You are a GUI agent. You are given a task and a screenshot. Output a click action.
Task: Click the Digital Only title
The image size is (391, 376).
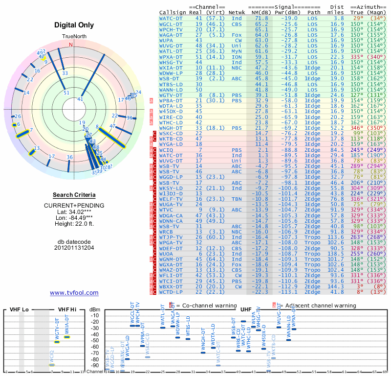[74, 25]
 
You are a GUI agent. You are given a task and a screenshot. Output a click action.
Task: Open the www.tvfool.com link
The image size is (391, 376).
[74, 293]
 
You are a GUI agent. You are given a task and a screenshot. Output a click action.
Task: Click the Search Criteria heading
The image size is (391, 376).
[74, 195]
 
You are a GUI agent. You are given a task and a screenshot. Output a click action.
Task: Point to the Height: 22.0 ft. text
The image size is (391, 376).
[74, 224]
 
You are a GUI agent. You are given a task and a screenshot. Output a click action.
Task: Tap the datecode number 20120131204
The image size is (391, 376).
[74, 248]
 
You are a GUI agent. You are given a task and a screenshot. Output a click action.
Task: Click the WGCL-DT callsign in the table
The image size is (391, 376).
[171, 23]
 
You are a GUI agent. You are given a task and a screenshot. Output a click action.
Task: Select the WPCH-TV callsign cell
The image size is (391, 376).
[171, 29]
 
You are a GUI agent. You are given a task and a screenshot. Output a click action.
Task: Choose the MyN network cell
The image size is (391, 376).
[237, 51]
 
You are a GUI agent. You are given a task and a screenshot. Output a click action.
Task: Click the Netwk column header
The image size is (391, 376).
[237, 12]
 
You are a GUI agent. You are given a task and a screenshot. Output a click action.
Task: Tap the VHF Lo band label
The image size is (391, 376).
[18, 310]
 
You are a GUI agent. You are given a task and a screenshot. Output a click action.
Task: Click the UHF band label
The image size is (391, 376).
[246, 310]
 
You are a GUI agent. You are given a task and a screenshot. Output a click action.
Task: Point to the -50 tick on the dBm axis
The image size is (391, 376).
[94, 340]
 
